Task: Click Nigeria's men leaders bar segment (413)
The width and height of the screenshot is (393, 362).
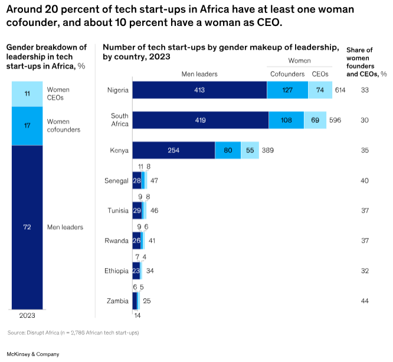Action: (x=199, y=90)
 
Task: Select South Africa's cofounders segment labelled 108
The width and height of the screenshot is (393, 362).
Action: (x=286, y=120)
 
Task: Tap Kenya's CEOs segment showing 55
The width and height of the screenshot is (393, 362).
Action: (x=249, y=151)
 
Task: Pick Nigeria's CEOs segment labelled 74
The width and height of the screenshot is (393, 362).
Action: (x=319, y=90)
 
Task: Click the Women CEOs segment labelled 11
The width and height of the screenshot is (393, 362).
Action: (x=27, y=93)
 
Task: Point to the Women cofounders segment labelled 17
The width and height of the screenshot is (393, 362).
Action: (x=27, y=125)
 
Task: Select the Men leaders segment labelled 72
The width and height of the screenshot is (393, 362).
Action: (x=27, y=227)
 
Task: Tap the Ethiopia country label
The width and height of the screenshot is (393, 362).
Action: (x=116, y=270)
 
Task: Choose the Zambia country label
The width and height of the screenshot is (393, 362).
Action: (x=118, y=301)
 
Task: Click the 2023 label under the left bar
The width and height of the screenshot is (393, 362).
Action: (x=27, y=315)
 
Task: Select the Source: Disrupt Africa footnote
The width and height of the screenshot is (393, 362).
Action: (x=73, y=333)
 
